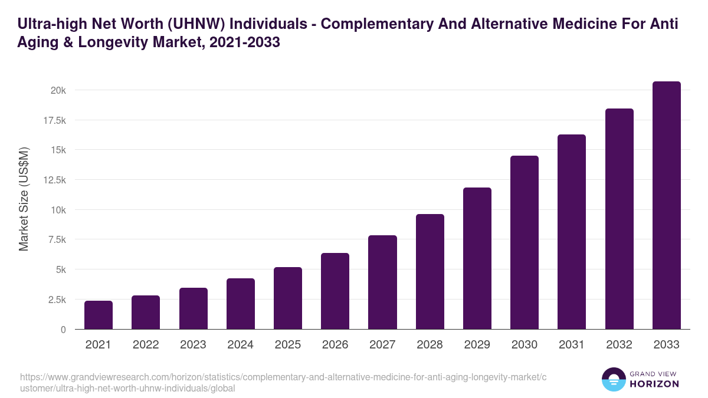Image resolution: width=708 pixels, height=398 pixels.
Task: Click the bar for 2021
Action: click(x=99, y=315)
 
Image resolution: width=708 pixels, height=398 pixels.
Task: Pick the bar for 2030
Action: click(x=525, y=242)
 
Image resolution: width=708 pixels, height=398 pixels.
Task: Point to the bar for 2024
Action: click(x=241, y=304)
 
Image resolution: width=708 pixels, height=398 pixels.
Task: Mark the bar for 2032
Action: click(x=619, y=219)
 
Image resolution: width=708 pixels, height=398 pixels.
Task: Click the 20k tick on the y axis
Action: click(x=58, y=90)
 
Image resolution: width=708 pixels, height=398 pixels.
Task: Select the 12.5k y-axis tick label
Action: click(x=54, y=180)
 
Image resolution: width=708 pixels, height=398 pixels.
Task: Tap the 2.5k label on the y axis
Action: click(x=56, y=300)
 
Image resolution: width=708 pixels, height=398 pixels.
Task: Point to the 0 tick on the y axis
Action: click(x=63, y=330)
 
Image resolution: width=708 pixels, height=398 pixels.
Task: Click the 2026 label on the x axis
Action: click(x=335, y=345)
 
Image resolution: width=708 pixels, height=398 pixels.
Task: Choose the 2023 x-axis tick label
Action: click(x=193, y=345)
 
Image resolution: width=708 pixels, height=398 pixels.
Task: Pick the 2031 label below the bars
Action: click(x=572, y=345)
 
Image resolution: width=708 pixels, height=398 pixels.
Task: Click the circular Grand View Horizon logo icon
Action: click(x=614, y=380)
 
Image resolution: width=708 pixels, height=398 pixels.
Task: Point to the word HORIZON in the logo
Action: click(x=654, y=384)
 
